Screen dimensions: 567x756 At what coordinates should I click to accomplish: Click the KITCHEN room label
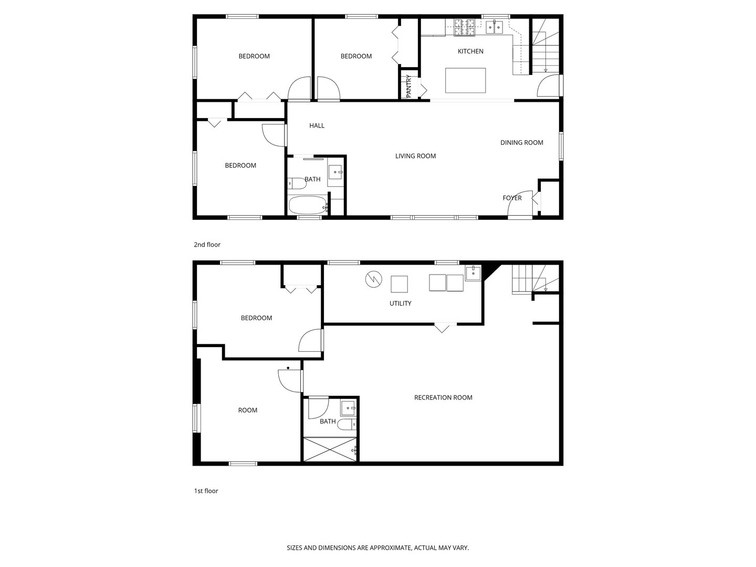[470, 51]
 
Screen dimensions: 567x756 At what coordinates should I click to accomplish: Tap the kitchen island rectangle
[465, 80]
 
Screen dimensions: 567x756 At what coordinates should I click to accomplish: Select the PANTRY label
[409, 86]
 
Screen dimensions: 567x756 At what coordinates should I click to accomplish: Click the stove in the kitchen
[464, 27]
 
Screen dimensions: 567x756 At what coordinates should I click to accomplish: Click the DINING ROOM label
[521, 143]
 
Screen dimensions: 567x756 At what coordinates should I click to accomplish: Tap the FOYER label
[512, 198]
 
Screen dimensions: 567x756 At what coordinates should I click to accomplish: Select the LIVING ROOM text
[415, 156]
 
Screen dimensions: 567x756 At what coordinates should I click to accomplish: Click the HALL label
[317, 125]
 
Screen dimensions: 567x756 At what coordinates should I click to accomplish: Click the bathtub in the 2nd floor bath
[307, 205]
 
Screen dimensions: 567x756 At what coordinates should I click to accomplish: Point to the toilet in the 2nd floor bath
[297, 184]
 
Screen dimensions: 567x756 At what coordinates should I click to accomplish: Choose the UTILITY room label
[400, 303]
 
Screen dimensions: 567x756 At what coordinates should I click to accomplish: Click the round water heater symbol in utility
[373, 279]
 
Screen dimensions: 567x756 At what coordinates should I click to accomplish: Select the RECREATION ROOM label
[443, 397]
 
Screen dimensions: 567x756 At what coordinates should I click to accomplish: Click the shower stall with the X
[330, 449]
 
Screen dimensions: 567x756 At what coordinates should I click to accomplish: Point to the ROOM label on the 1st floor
[248, 410]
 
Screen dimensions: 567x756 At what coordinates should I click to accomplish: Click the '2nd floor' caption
[207, 245]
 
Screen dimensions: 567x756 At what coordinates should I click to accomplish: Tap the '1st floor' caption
[206, 491]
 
